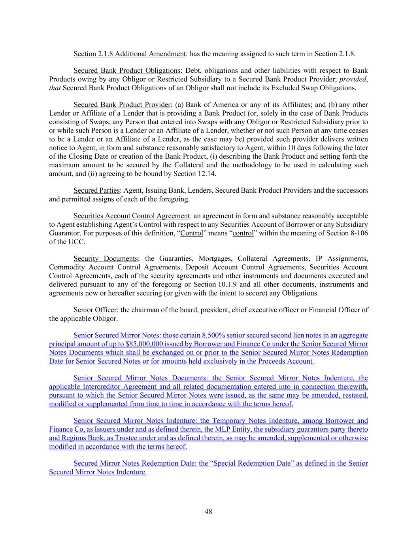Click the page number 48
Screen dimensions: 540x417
pyautogui.click(x=208, y=512)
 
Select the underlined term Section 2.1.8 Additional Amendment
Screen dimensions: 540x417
pyautogui.click(x=129, y=54)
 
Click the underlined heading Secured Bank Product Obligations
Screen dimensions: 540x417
pyautogui.click(x=127, y=71)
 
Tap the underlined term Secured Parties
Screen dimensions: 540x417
pyautogui.click(x=96, y=190)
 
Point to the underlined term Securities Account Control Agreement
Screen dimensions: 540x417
pyautogui.click(x=132, y=216)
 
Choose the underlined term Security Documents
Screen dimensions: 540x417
pyautogui.click(x=106, y=259)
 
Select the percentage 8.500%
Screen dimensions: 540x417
pyautogui.click(x=213, y=335)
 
